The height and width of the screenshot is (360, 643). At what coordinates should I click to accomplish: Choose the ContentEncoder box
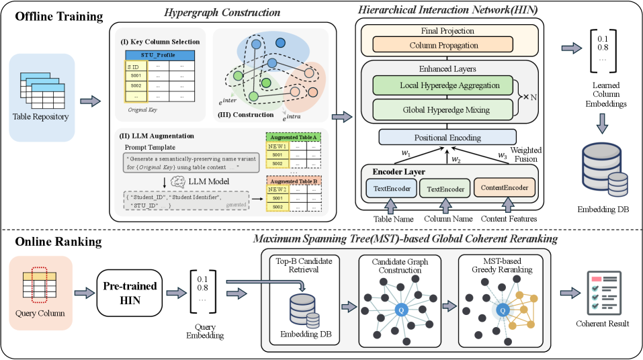click(x=506, y=188)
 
